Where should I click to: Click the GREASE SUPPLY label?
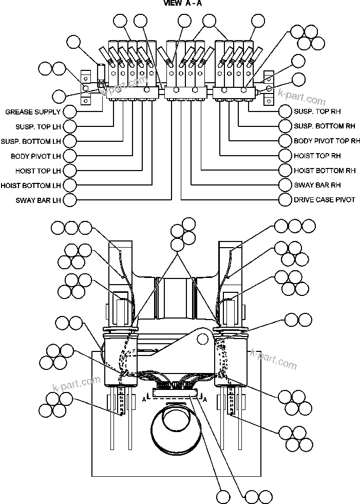(33, 111)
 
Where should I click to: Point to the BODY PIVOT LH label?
(35, 156)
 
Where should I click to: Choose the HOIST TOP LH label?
(38, 171)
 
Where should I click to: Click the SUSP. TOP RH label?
(317, 111)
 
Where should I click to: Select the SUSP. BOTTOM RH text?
(324, 126)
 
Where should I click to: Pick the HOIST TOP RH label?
(317, 156)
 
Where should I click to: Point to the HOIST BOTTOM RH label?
(325, 171)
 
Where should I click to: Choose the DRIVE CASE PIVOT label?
(324, 200)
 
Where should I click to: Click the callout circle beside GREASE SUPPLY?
(69, 111)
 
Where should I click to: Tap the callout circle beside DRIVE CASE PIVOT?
(285, 200)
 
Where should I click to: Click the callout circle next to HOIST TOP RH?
(285, 156)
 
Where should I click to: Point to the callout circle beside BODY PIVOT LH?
(69, 156)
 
